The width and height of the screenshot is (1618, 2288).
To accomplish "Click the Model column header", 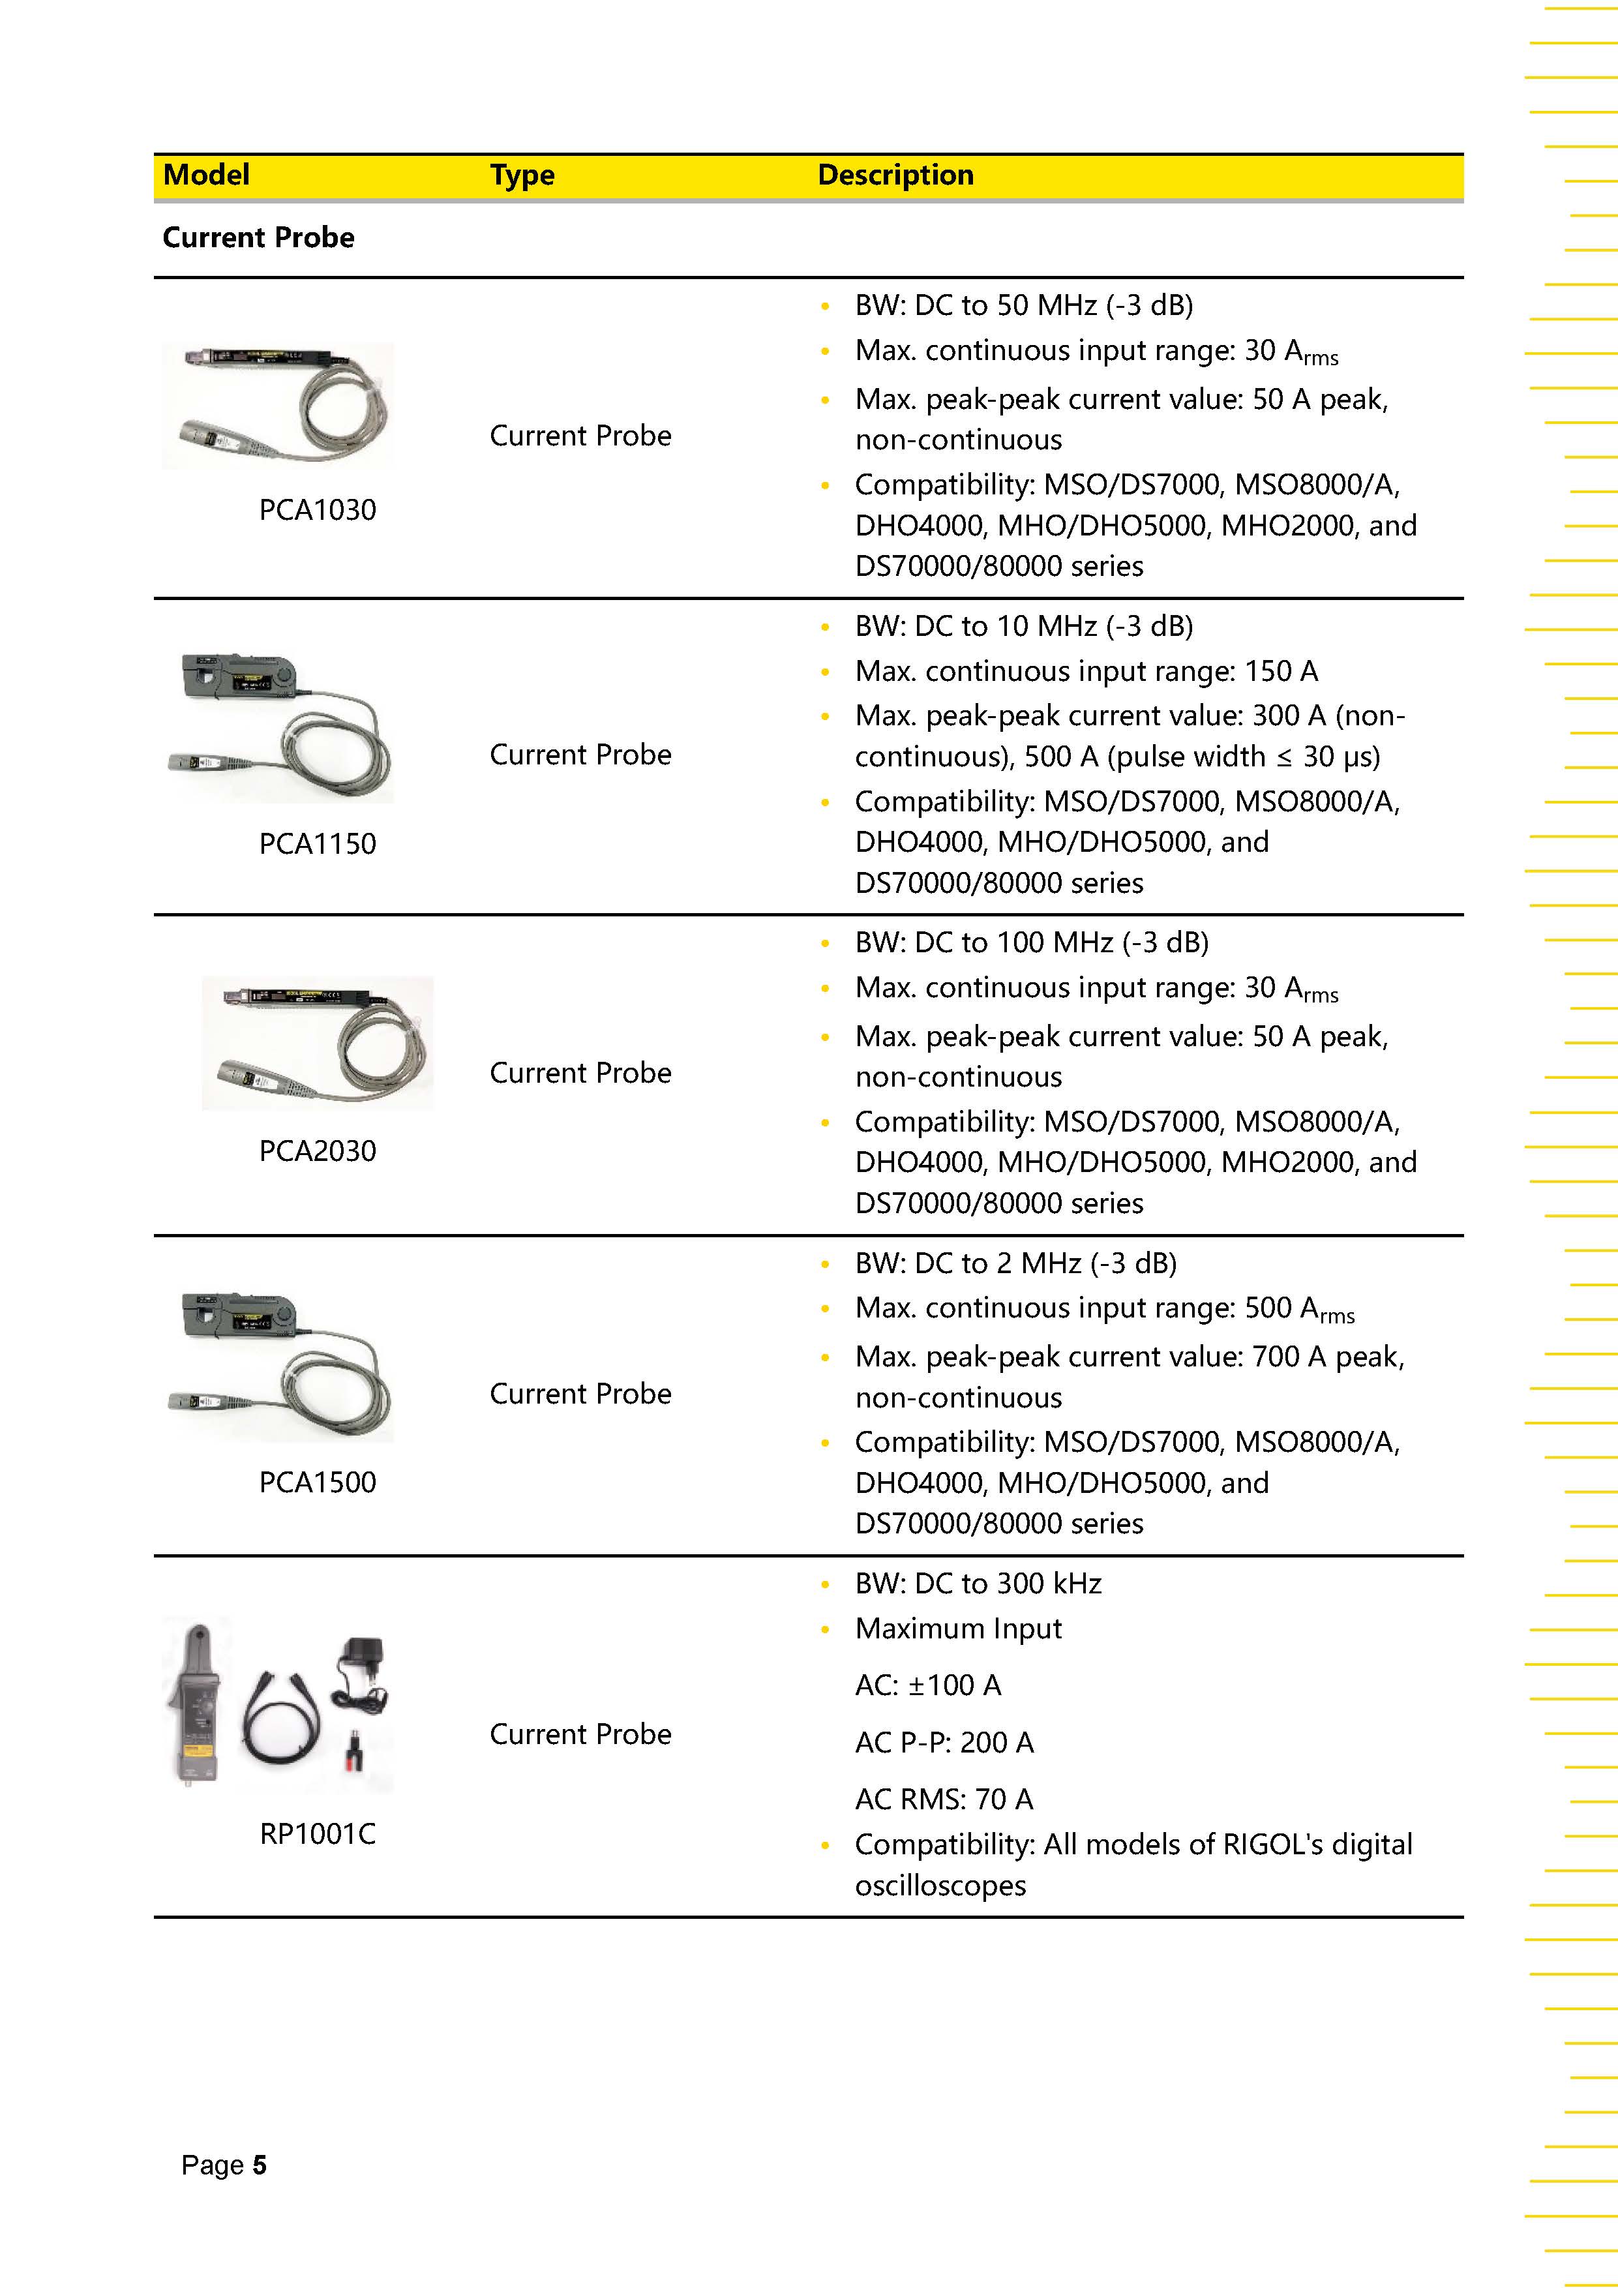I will [206, 175].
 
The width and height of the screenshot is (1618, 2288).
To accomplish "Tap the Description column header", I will [895, 175].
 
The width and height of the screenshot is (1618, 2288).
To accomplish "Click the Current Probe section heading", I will [258, 237].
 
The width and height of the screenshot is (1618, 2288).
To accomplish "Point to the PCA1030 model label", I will [317, 510].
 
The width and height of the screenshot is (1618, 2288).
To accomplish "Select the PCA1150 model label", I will [317, 844].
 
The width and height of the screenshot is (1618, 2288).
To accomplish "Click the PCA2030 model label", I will [317, 1151].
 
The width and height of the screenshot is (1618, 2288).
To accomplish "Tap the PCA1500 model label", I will [317, 1482].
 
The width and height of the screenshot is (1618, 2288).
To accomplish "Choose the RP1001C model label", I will [317, 1833].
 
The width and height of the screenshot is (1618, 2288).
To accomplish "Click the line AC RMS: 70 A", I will [944, 1799].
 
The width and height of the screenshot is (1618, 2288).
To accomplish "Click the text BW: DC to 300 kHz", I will [978, 1584].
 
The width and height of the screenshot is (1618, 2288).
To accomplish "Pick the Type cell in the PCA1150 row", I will [580, 755].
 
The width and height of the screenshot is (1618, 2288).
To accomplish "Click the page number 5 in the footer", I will [259, 2165].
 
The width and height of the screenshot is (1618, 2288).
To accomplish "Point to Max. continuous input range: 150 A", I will [1085, 670].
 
